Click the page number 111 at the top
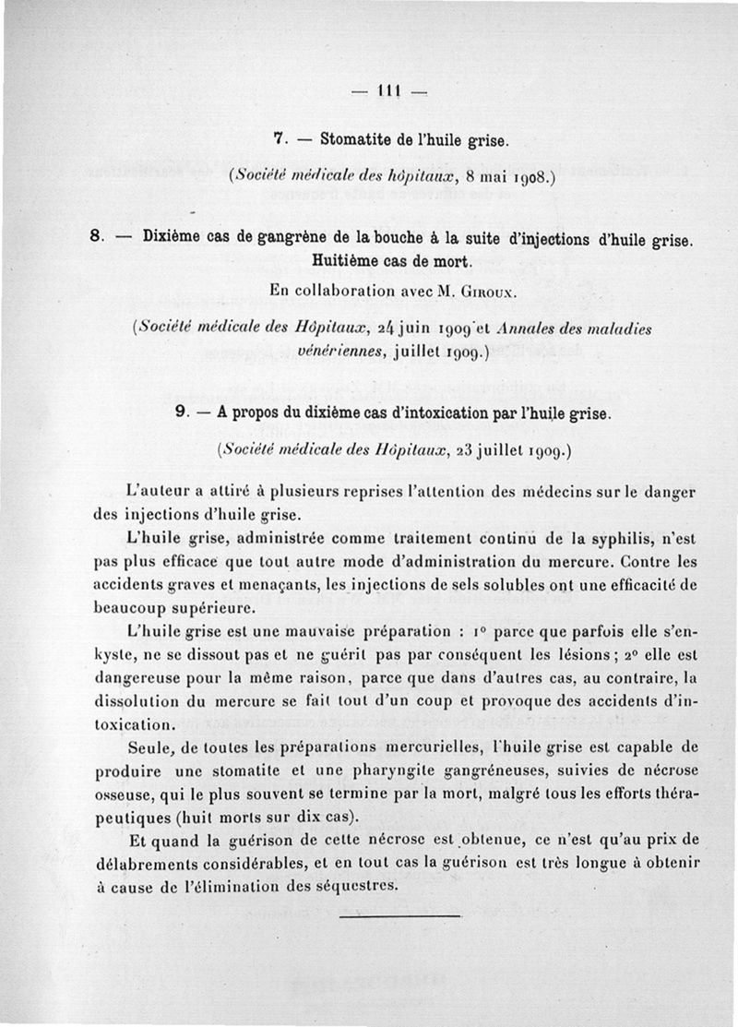387,90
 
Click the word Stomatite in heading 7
353,140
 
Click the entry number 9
180,413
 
